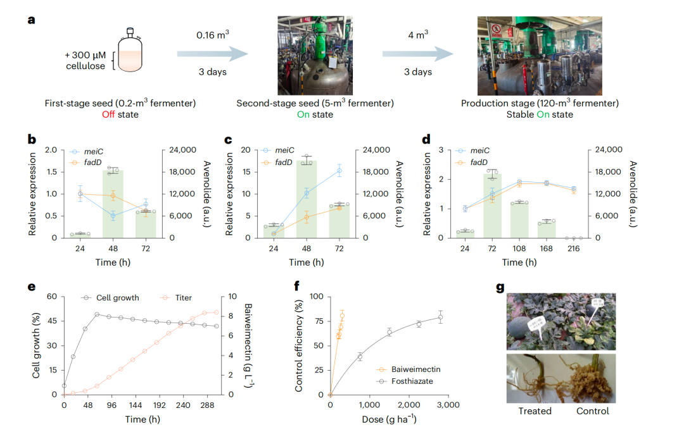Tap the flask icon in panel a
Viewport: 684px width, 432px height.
click(x=130, y=53)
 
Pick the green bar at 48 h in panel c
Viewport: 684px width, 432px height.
click(x=307, y=199)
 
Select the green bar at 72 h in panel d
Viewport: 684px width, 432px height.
click(x=492, y=206)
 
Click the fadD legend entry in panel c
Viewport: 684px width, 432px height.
click(x=284, y=162)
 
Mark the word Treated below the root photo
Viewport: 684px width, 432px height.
click(x=535, y=411)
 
